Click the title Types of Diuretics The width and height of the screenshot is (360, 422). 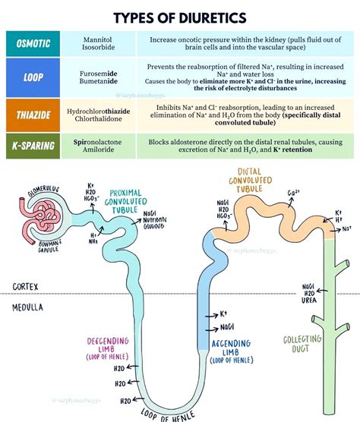(x=180, y=16)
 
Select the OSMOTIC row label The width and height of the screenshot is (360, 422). (x=33, y=43)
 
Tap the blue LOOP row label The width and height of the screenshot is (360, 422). (x=33, y=76)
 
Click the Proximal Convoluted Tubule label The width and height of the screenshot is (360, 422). (x=128, y=202)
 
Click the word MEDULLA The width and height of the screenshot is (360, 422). (x=28, y=307)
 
